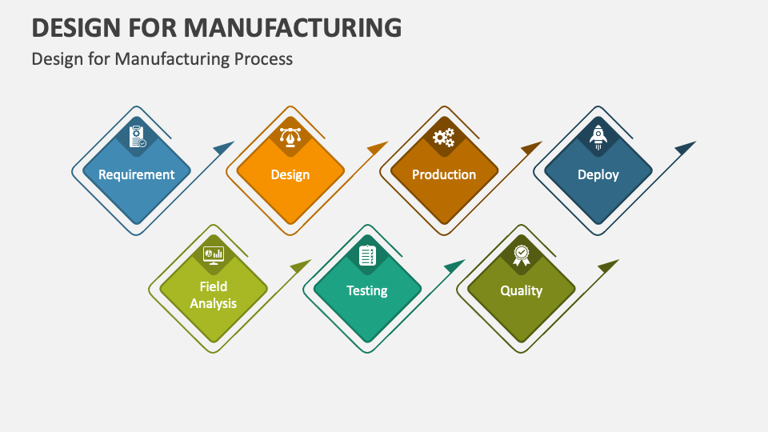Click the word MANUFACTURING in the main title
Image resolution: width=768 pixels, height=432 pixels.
[293, 27]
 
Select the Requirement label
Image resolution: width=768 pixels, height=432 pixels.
[136, 174]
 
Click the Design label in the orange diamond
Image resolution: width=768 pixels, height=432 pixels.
[290, 174]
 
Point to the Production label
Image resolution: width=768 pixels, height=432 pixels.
[444, 174]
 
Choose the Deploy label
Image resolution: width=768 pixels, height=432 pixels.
[598, 174]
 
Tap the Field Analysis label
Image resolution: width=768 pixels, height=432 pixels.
[213, 295]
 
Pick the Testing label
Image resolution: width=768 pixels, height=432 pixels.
[367, 290]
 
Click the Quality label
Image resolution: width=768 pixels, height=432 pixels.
[521, 290]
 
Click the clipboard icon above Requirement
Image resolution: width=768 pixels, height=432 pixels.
[137, 136]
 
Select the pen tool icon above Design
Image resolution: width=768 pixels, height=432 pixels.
[290, 137]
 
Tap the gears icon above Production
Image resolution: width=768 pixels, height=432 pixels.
[444, 138]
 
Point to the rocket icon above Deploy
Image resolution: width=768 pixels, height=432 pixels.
[598, 137]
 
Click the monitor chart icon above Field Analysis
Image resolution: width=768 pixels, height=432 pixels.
[214, 255]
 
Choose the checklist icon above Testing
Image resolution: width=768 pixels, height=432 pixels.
[367, 255]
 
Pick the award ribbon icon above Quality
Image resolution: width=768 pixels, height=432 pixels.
[521, 255]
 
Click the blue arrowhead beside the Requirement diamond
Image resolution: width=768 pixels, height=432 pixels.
[223, 147]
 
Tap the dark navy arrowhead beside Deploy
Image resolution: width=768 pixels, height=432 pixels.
[686, 147]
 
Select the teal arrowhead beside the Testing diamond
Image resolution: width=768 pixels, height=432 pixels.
[454, 266]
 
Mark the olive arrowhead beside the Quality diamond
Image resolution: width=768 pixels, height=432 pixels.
[608, 266]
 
